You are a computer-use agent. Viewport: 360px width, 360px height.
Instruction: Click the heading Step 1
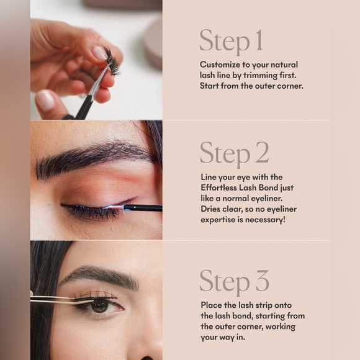click(231, 41)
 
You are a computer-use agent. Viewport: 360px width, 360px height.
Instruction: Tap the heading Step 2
click(233, 154)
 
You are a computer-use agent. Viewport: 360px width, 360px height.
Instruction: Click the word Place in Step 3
click(212, 305)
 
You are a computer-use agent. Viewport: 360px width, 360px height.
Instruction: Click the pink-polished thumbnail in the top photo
click(45, 99)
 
